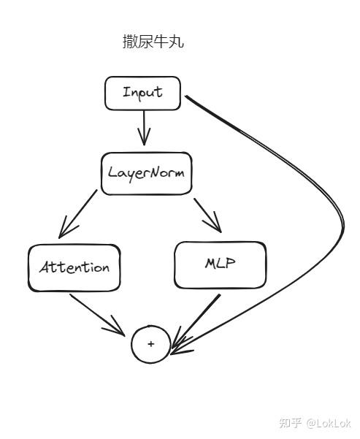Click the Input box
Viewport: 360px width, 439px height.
143,93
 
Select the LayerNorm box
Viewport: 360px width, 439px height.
146,174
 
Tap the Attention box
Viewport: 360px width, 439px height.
74,268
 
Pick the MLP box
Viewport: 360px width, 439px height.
221,265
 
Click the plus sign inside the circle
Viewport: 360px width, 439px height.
151,343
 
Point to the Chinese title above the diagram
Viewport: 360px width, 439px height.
153,42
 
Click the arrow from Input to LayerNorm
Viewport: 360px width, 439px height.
144,129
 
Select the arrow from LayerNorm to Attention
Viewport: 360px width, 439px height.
78,214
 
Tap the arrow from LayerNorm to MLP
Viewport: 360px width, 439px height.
207,215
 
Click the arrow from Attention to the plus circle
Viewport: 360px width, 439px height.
97,315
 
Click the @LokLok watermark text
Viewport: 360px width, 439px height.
328,423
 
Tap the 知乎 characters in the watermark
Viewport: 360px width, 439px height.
290,423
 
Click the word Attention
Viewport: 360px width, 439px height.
74,267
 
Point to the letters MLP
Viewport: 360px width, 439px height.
220,264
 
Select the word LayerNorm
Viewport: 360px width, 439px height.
146,173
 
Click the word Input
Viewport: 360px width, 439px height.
142,93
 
